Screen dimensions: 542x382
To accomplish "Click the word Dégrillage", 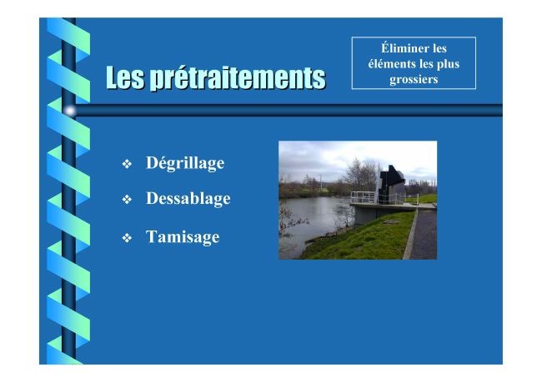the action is (185, 163).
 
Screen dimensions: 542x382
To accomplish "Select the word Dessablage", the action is (188, 198).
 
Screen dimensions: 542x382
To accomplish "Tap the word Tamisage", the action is (183, 237).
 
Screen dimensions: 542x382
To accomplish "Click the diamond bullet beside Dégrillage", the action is (127, 164).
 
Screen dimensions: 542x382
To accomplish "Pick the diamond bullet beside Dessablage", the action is (127, 199).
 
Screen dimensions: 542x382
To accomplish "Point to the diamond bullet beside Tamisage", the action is (127, 238).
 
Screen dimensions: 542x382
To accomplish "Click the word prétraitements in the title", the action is (238, 77).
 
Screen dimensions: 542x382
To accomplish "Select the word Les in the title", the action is (125, 77).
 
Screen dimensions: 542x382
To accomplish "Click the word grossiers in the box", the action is (414, 79).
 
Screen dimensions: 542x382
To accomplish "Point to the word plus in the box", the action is (448, 64).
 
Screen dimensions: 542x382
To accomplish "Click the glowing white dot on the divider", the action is (70, 111).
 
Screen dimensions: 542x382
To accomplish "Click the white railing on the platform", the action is (363, 197).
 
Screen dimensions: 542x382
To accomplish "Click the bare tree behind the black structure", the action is (360, 174).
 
